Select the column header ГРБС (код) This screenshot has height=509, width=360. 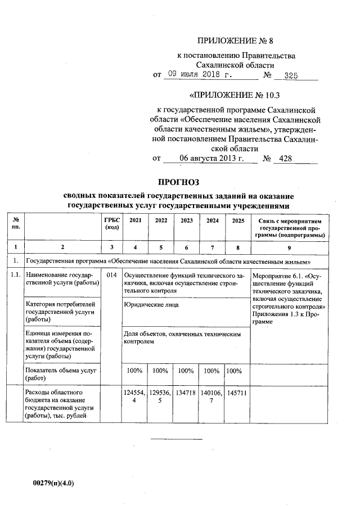[x=111, y=224]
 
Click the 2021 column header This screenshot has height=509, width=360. [x=135, y=220]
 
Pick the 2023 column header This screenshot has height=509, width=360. [x=186, y=220]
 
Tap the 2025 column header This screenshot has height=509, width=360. [x=237, y=220]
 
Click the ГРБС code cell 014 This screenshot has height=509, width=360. [x=111, y=276]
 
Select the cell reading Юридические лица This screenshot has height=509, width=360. [x=151, y=305]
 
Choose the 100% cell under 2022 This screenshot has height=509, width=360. [x=160, y=371]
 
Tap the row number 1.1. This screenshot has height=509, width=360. [x=15, y=276]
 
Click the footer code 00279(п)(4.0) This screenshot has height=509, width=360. [x=54, y=483]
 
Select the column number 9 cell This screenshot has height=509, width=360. [x=289, y=247]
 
